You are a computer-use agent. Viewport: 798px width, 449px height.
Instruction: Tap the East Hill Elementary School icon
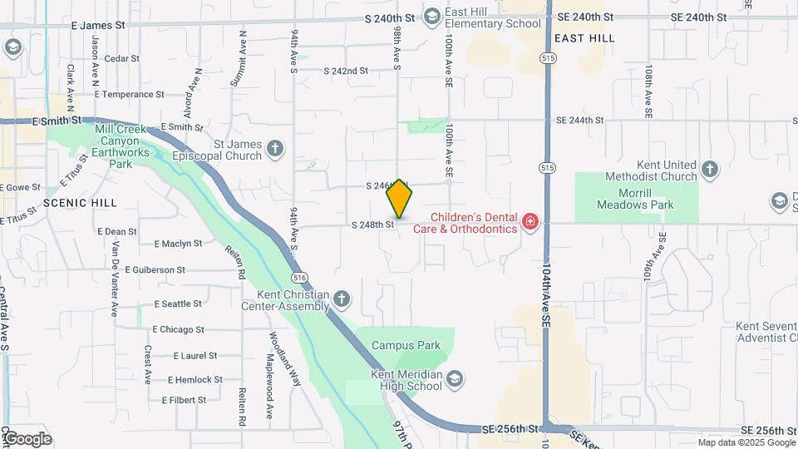tap(432, 17)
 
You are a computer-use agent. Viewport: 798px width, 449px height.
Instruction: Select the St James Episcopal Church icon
tap(275, 150)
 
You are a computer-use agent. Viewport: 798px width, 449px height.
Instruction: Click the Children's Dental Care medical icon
tap(530, 221)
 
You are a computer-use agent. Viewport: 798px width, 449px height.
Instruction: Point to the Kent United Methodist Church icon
tap(709, 170)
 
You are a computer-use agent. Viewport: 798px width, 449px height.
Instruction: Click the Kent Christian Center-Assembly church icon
tap(342, 299)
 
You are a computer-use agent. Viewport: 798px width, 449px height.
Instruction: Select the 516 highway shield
tap(298, 275)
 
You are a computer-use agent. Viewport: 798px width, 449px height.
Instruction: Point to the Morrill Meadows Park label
tap(635, 199)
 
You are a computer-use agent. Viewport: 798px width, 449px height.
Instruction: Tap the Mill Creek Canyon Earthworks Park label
tap(121, 146)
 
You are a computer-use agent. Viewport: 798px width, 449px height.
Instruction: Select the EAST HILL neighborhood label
tap(584, 38)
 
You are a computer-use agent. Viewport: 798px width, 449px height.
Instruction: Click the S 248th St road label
tap(372, 224)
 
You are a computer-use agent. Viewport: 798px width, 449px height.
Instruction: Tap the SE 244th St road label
tap(580, 120)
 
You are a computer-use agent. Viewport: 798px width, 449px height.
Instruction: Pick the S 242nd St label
tap(345, 71)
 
